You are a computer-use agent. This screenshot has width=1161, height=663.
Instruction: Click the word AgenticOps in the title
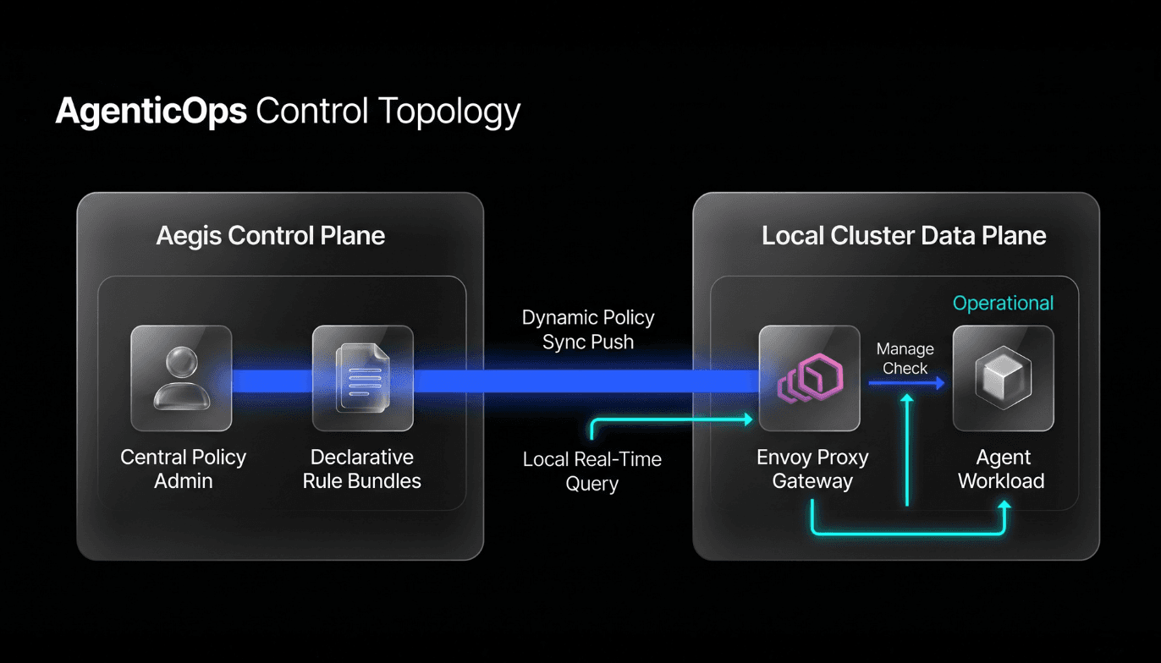[151, 112]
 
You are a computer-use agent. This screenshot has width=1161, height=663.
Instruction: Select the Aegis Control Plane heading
[271, 236]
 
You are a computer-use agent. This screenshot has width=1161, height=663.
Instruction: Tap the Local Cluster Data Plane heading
[904, 236]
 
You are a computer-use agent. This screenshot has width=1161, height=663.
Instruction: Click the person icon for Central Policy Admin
[181, 378]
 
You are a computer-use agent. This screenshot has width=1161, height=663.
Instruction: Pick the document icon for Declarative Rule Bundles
[363, 378]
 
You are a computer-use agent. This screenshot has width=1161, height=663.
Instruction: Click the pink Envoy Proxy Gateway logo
[810, 378]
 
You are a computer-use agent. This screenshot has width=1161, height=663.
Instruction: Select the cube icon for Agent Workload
[1004, 378]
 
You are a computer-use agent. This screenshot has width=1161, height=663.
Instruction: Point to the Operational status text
[1003, 304]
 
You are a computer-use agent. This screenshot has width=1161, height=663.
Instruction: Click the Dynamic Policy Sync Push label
[588, 330]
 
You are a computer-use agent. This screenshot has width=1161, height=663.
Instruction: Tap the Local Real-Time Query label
[592, 471]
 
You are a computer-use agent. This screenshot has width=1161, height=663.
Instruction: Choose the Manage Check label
[905, 359]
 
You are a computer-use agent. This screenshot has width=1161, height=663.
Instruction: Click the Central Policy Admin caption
[184, 469]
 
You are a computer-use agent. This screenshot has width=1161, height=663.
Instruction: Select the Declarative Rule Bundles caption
[362, 469]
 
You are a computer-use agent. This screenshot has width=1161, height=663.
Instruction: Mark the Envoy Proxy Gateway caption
[812, 469]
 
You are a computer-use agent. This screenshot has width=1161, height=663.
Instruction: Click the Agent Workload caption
[1001, 469]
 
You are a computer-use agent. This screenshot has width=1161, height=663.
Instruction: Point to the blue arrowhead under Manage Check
[939, 383]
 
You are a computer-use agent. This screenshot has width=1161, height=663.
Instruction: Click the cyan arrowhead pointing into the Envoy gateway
[748, 419]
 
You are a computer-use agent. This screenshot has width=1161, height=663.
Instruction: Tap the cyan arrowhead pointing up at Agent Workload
[1004, 505]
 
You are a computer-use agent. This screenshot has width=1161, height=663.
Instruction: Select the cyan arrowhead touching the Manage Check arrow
[907, 398]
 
